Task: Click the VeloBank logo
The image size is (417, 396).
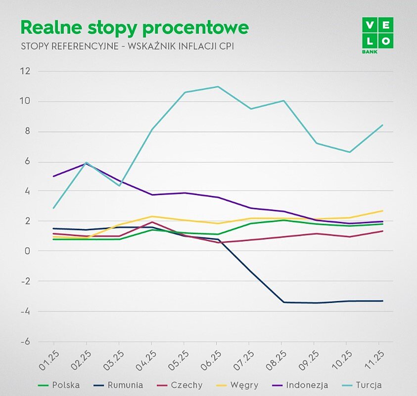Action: [x=377, y=35]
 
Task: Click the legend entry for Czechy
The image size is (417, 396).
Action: [x=179, y=385]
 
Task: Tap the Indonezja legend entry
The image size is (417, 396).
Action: [x=301, y=385]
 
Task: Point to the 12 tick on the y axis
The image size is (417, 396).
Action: [x=25, y=71]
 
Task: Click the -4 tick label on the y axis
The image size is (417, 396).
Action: [x=25, y=311]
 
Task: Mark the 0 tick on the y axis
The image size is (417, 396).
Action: [x=28, y=251]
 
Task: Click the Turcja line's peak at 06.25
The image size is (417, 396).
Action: [x=217, y=87]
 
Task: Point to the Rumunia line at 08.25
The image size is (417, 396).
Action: [x=282, y=302]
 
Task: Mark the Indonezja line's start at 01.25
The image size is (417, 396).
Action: [x=54, y=176]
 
